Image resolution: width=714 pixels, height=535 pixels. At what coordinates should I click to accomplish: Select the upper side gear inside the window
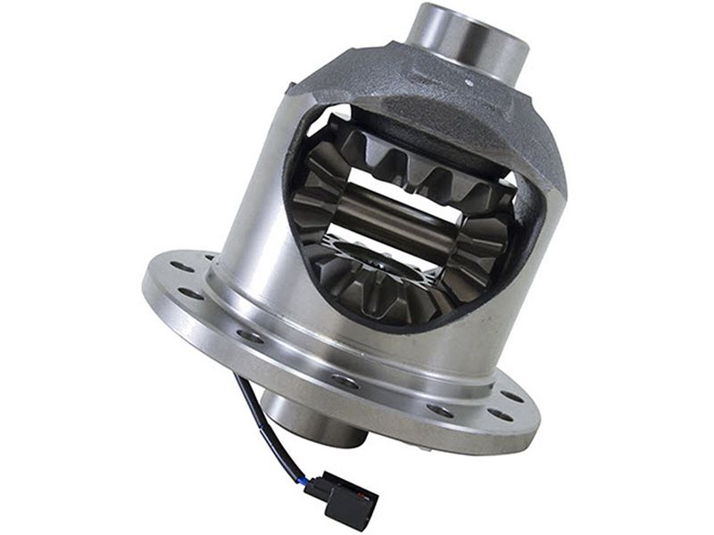tap(402, 165)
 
